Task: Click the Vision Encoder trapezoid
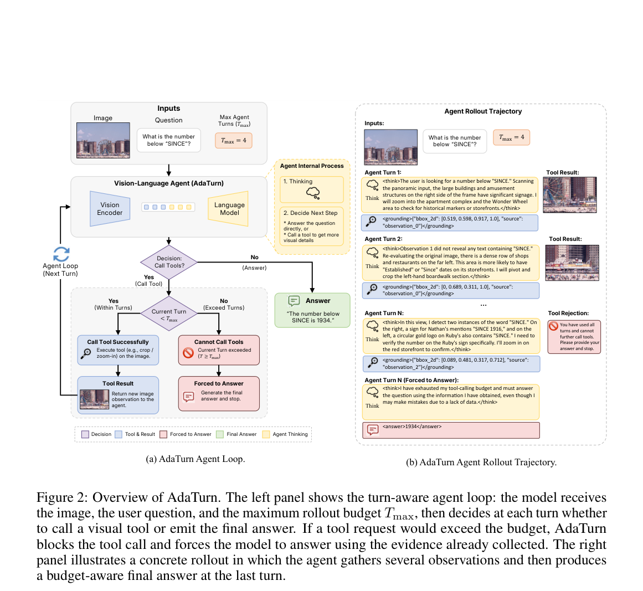[110, 209]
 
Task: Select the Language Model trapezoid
[229, 209]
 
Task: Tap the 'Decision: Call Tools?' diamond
[169, 262]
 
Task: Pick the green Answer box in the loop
[312, 310]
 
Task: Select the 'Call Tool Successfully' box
[118, 350]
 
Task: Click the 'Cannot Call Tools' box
[219, 350]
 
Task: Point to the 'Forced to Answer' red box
[219, 394]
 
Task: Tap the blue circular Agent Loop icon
[61, 254]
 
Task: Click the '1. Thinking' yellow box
[312, 189]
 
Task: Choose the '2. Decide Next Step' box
[312, 227]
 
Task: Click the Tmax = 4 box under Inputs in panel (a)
[234, 140]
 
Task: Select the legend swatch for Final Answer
[220, 434]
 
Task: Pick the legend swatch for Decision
[85, 434]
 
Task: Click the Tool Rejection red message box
[574, 337]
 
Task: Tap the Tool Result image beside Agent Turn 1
[569, 195]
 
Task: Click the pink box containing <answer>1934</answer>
[451, 430]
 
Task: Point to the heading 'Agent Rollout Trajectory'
[483, 111]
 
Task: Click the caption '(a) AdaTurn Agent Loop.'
[196, 459]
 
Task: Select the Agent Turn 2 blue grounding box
[451, 290]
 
